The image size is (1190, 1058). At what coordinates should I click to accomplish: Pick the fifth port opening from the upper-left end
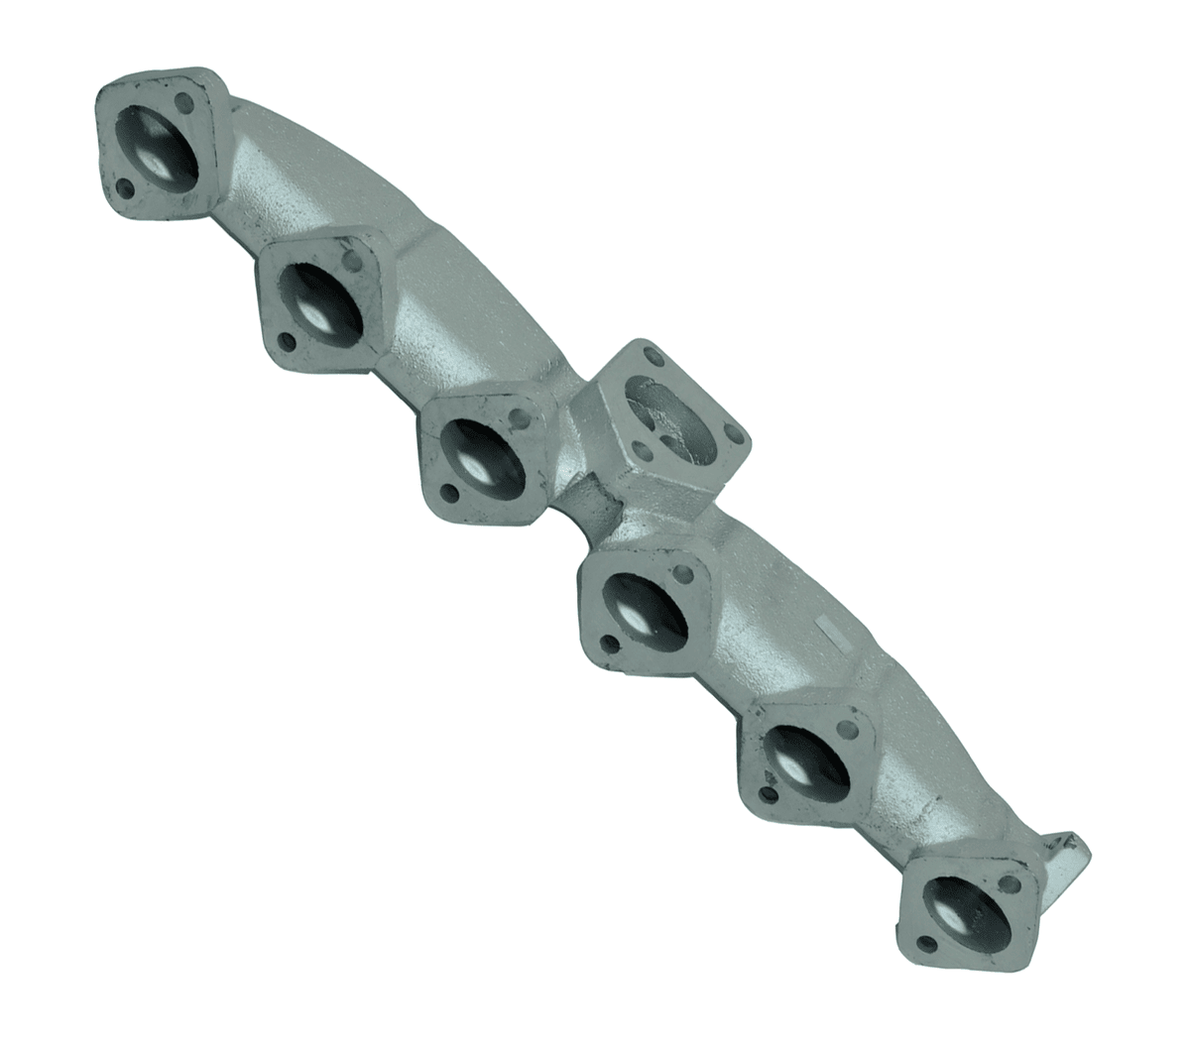(800, 756)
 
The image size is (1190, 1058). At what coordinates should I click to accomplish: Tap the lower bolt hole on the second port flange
(286, 342)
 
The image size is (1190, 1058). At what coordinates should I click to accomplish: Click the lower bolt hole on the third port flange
(449, 493)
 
